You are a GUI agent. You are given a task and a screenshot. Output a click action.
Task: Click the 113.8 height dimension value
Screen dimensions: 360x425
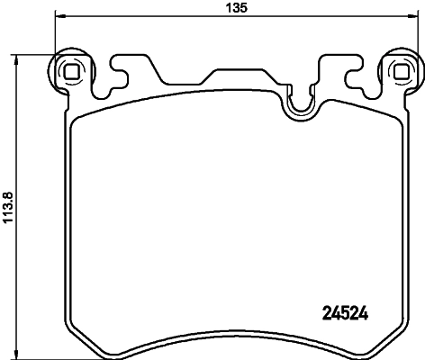click(8, 206)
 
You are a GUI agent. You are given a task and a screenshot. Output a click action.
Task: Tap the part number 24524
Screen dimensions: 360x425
click(347, 313)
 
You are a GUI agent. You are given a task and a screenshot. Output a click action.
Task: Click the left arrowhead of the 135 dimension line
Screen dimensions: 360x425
click(60, 16)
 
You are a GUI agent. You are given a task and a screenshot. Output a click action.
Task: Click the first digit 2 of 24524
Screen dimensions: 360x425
click(327, 313)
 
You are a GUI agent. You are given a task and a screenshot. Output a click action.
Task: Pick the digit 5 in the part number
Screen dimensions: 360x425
click(347, 313)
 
